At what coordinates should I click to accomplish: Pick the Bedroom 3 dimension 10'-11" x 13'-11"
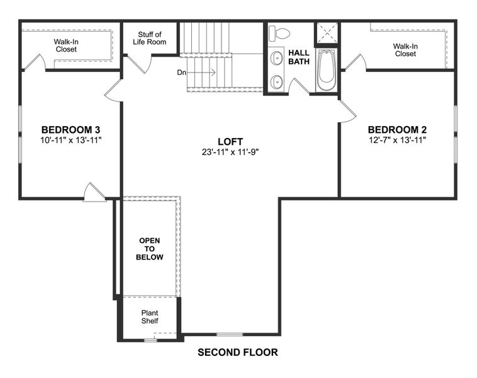pyautogui.click(x=70, y=140)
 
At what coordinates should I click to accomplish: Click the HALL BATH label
pyautogui.click(x=298, y=57)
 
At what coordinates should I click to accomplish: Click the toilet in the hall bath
pyautogui.click(x=281, y=33)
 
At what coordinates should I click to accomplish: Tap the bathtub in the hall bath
pyautogui.click(x=326, y=69)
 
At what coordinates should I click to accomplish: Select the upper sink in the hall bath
pyautogui.click(x=276, y=59)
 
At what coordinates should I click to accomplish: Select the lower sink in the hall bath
pyautogui.click(x=276, y=81)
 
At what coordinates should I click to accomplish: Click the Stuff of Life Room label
pyautogui.click(x=149, y=38)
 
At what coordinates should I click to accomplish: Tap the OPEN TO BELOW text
pyautogui.click(x=150, y=249)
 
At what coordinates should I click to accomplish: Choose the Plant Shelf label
pyautogui.click(x=150, y=317)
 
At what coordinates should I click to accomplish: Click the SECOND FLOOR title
pyautogui.click(x=237, y=353)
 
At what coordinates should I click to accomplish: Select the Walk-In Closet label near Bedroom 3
pyautogui.click(x=65, y=45)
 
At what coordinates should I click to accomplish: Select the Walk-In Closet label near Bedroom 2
pyautogui.click(x=405, y=50)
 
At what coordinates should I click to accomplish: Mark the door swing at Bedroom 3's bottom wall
pyautogui.click(x=94, y=192)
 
